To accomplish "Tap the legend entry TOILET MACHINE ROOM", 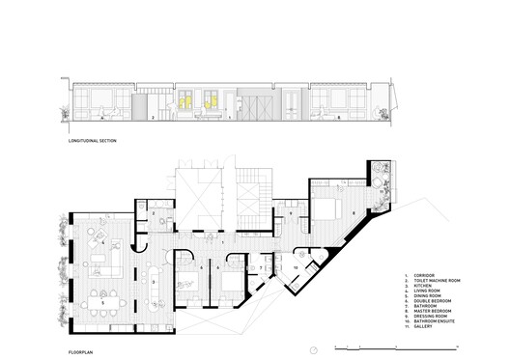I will [434, 281].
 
